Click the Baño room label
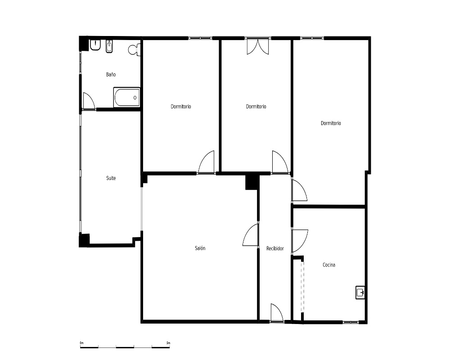111,75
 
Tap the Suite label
111,178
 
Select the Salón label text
200,248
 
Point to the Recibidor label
275,248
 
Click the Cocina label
329,265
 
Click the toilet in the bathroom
134,50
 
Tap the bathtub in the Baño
127,97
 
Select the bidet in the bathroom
109,46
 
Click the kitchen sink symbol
360,292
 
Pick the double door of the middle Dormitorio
258,46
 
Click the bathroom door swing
89,101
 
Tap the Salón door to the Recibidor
251,235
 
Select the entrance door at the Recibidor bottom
277,312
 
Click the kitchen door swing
300,241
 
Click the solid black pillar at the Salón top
251,182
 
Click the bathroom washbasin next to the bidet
95,45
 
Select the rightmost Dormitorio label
331,123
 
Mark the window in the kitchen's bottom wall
351,322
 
